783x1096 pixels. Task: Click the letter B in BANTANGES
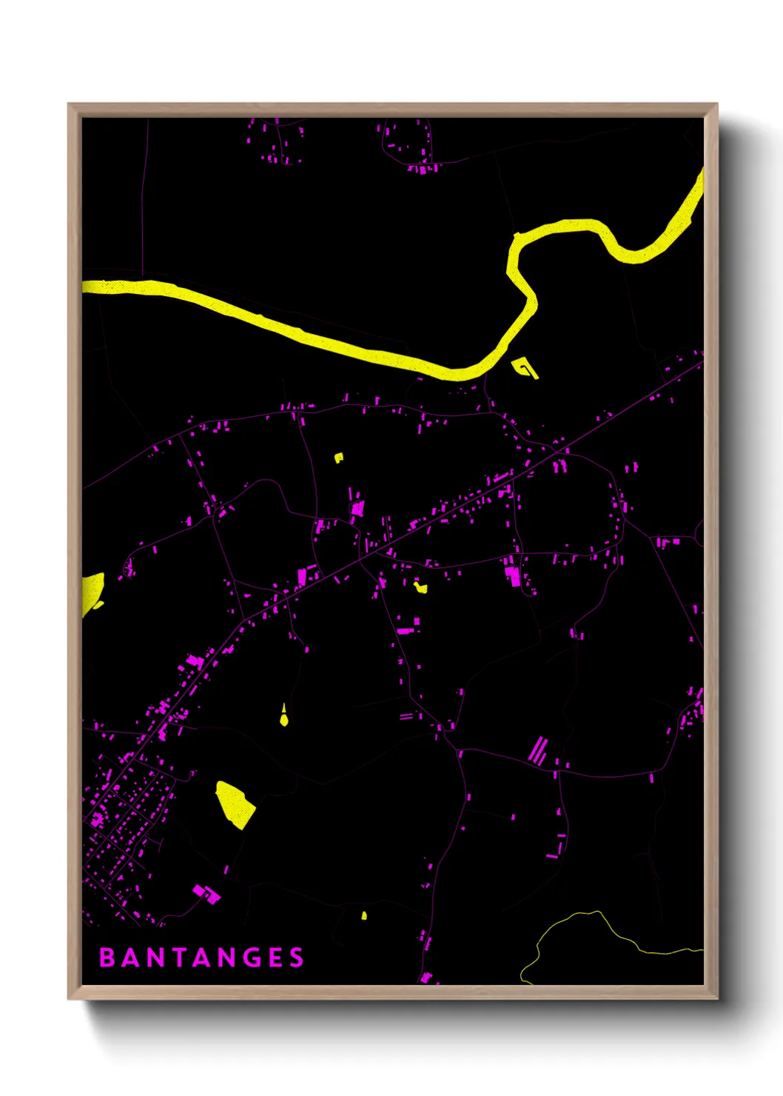(107, 958)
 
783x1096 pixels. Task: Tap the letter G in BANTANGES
(250, 958)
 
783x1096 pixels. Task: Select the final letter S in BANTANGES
(297, 958)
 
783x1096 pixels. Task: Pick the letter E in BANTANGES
(274, 958)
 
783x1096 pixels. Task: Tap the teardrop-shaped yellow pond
(283, 718)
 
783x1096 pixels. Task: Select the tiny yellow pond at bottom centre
(364, 916)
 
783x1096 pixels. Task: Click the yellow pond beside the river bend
(525, 367)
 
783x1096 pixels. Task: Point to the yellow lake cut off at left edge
(91, 592)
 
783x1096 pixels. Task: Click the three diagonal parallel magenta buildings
(538, 751)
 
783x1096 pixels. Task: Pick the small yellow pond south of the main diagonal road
(420, 587)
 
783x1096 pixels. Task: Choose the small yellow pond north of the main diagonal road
(338, 458)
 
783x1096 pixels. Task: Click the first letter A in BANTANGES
(130, 958)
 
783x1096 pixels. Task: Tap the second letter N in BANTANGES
(226, 958)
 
